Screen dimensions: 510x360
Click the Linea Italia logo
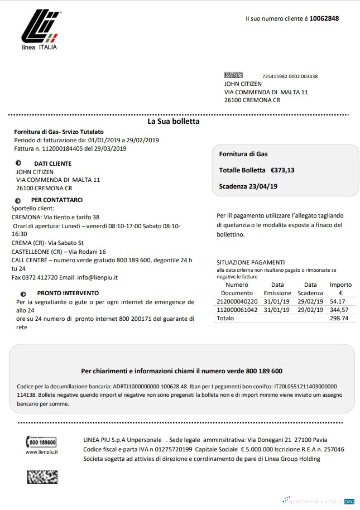click(x=39, y=28)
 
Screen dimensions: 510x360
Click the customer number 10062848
click(x=324, y=18)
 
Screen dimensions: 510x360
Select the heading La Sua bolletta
click(x=173, y=121)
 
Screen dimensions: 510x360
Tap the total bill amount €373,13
click(x=282, y=170)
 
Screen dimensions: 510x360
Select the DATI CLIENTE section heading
click(x=52, y=163)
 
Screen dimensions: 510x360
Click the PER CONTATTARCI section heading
click(x=57, y=199)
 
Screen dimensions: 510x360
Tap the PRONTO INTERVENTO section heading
click(x=68, y=293)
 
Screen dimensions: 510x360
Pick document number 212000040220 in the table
click(x=237, y=301)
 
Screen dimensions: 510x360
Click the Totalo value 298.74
click(x=339, y=318)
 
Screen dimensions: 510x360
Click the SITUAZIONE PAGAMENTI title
click(x=250, y=262)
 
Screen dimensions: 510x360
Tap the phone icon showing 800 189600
click(x=41, y=442)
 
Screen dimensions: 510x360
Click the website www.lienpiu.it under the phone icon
click(x=42, y=452)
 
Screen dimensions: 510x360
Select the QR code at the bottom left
click(x=42, y=476)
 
